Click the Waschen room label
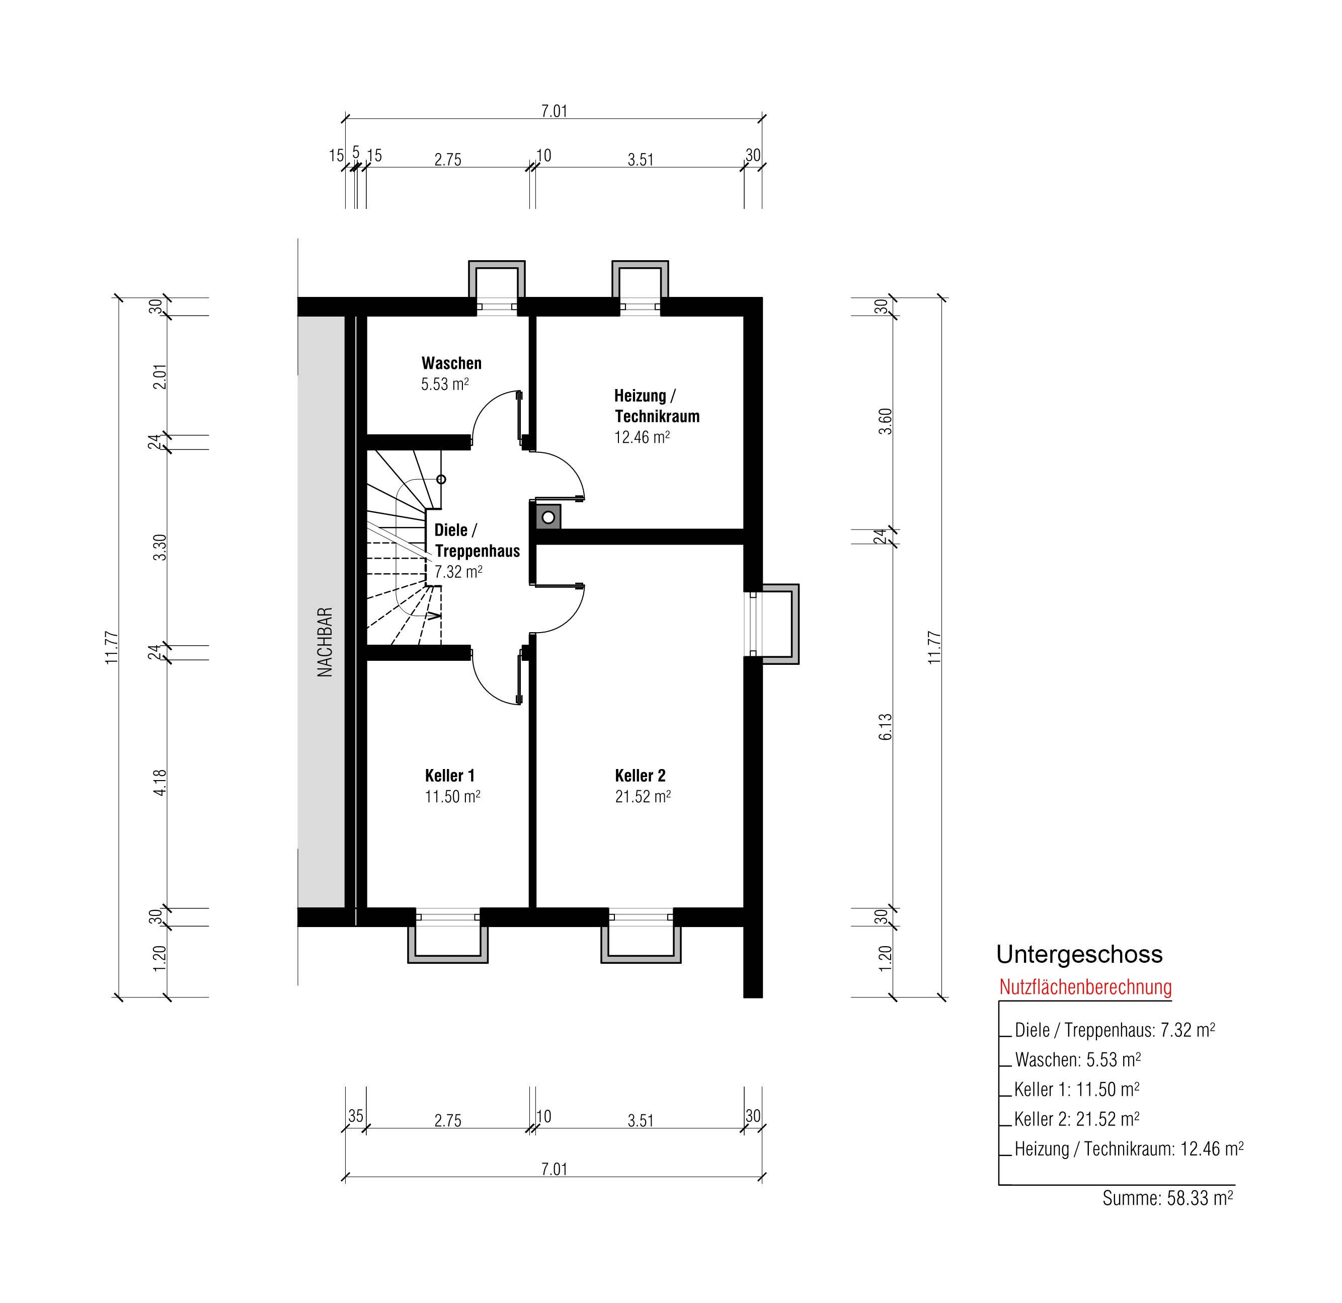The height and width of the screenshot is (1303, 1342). (x=451, y=363)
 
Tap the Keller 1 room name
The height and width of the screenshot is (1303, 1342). (x=450, y=776)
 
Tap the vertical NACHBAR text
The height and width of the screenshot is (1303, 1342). (x=325, y=642)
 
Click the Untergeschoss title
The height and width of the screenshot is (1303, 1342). (x=1079, y=955)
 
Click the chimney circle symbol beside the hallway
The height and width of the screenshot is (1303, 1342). (x=548, y=518)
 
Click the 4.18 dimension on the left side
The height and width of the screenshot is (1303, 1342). (x=160, y=783)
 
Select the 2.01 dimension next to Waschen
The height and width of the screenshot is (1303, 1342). (x=160, y=376)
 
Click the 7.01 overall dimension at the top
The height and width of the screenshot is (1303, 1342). (x=555, y=111)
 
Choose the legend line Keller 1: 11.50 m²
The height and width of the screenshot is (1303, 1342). (x=1077, y=1090)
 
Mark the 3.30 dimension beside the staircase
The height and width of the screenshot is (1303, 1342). (x=160, y=548)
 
